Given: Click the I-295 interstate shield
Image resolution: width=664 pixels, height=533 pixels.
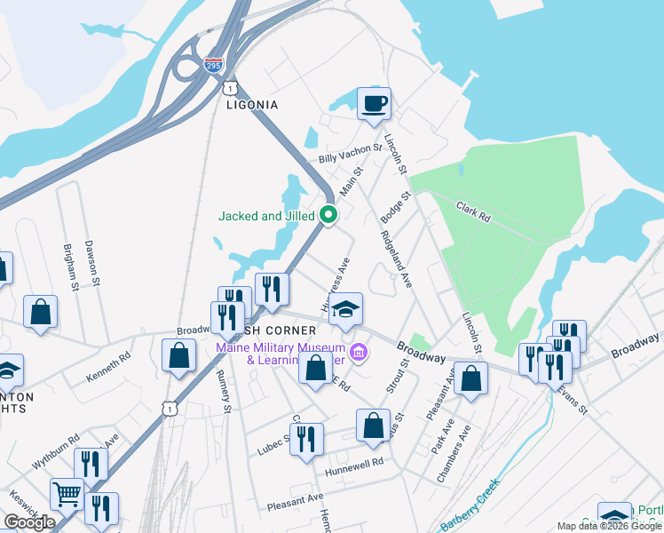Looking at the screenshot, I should click(213, 65).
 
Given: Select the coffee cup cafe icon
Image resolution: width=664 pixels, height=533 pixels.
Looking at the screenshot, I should click(374, 104).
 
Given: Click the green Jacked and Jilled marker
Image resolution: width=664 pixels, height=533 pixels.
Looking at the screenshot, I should click(328, 215).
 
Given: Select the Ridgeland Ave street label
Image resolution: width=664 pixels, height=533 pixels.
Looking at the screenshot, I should click(396, 259).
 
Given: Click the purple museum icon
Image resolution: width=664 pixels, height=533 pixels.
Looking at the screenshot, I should click(358, 354).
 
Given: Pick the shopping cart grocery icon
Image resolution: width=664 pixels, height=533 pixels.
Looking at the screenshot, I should click(67, 494).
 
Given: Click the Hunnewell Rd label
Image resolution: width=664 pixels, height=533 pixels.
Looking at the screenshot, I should click(353, 463).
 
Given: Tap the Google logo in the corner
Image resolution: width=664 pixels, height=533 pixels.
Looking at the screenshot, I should click(29, 522).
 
